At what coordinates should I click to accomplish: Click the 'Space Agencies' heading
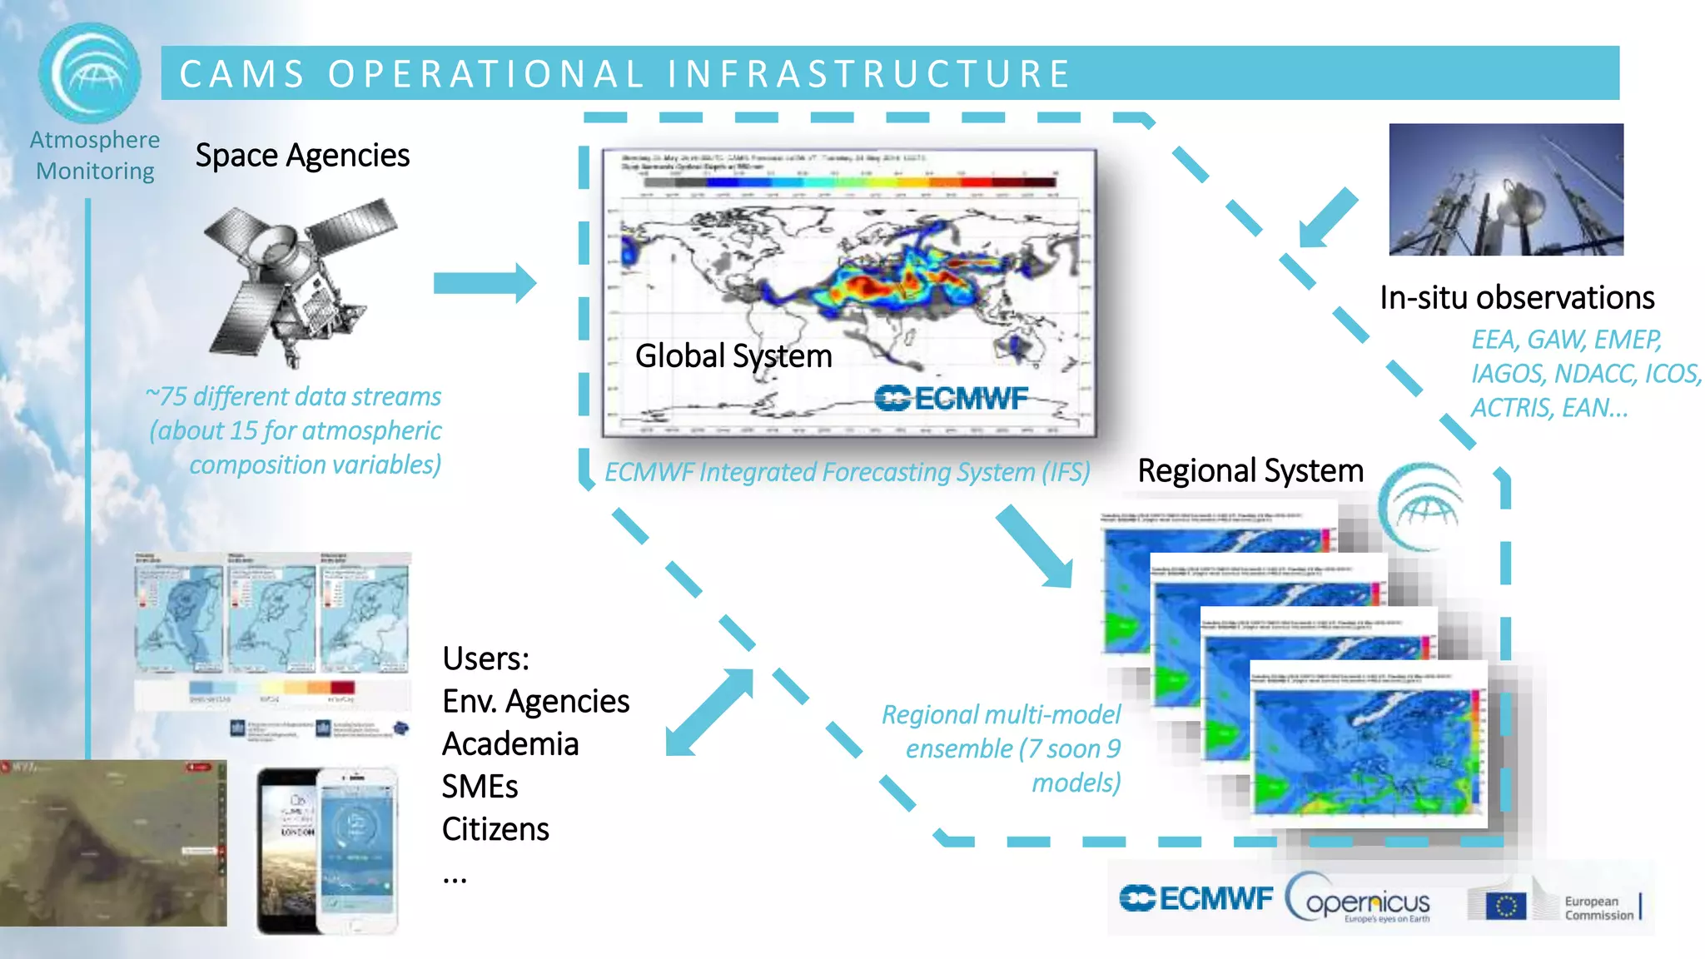tap(302, 156)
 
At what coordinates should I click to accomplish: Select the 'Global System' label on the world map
tap(733, 356)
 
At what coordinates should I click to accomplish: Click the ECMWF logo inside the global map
tap(951, 399)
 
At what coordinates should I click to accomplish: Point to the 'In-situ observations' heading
tap(1516, 298)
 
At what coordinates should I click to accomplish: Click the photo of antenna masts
tap(1505, 190)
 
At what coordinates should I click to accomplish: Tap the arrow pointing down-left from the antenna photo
tap(1330, 218)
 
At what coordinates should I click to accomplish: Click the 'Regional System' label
tap(1250, 471)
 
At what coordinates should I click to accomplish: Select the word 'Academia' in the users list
tap(510, 744)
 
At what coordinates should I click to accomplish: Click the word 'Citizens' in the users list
tap(495, 830)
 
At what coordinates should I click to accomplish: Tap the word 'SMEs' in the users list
tap(480, 787)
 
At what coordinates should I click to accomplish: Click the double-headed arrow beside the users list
tap(710, 713)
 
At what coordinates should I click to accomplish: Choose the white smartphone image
tap(358, 849)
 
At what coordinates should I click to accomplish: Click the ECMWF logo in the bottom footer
tap(1195, 899)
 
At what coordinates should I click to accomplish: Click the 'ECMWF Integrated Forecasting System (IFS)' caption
tap(847, 473)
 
